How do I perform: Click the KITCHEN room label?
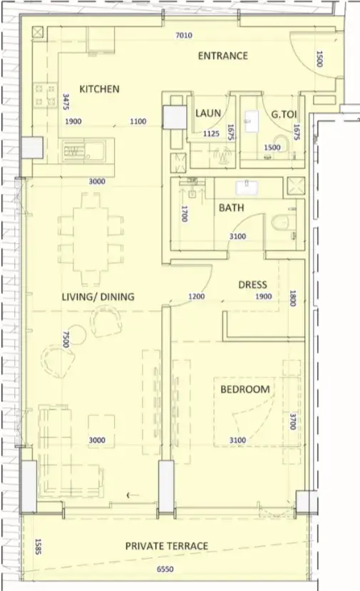tap(99, 89)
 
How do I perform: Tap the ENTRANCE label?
tap(223, 56)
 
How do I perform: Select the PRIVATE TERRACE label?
tap(167, 546)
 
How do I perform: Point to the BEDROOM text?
tap(245, 389)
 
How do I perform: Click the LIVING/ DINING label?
tap(98, 297)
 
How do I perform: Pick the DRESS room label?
tap(252, 284)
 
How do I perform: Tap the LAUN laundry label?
tap(208, 113)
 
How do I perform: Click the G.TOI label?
tap(284, 114)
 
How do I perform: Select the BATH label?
tap(232, 207)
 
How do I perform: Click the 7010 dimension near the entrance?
tap(184, 36)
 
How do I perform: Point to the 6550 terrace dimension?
tap(165, 569)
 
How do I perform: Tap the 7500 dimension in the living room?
tap(66, 339)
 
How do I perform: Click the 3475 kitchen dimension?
tap(66, 101)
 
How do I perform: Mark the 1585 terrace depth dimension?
tap(38, 547)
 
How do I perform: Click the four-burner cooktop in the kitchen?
tap(45, 95)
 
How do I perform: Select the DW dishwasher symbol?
tap(73, 151)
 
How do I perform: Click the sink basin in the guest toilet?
tap(252, 121)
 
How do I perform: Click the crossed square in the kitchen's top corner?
tap(38, 32)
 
